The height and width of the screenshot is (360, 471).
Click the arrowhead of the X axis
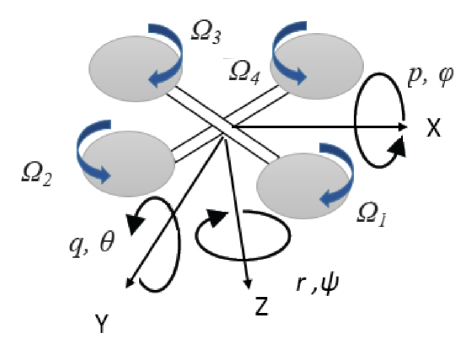click(x=402, y=127)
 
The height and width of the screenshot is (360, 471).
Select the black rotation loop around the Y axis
click(x=160, y=245)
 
